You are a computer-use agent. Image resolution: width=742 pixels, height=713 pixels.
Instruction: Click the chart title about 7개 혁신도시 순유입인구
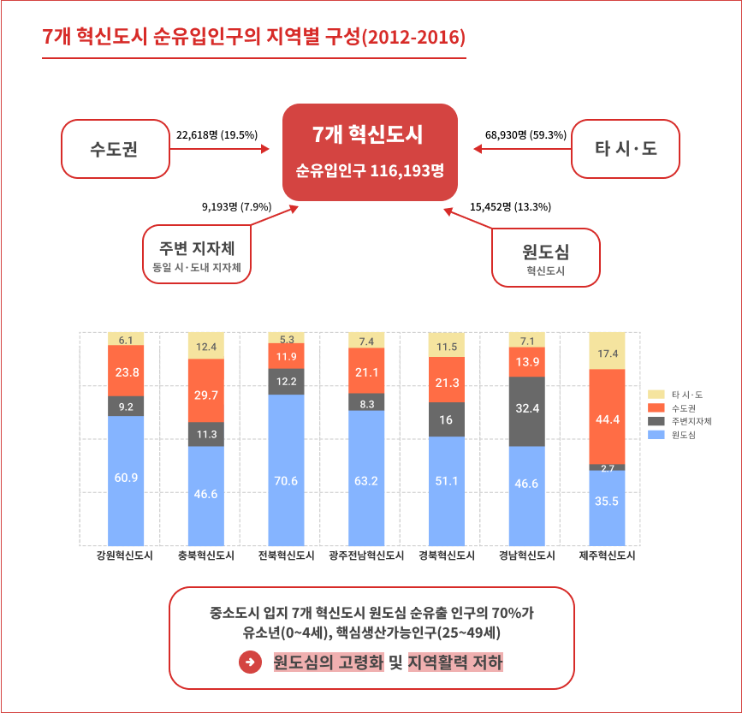click(254, 38)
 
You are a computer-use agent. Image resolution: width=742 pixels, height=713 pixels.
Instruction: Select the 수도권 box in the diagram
click(115, 149)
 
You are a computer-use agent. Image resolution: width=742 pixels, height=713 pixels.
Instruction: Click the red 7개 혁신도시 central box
click(370, 152)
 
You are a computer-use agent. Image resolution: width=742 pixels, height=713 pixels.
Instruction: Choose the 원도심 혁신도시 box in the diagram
click(545, 258)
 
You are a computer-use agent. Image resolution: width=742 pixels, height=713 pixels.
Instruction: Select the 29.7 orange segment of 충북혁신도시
click(205, 390)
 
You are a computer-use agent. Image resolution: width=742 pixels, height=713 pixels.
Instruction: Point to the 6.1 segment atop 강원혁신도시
click(126, 340)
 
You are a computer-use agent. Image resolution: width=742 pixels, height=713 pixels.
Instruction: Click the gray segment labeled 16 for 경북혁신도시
click(447, 419)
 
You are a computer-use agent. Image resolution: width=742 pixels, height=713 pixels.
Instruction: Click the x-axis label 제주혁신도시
click(607, 556)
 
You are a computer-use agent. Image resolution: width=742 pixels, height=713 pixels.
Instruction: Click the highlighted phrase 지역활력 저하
click(455, 662)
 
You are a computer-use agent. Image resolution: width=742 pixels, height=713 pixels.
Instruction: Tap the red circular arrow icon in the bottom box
click(249, 662)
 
